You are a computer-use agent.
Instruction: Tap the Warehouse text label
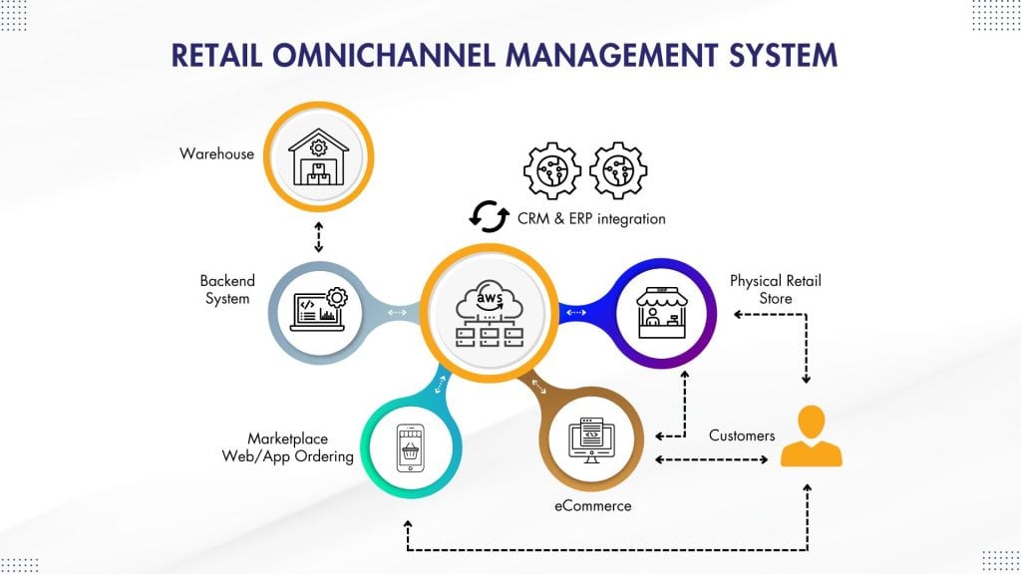coord(216,153)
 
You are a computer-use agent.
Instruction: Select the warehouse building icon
coord(318,160)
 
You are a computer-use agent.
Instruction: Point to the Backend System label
coord(226,290)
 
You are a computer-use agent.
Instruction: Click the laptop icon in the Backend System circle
coord(318,310)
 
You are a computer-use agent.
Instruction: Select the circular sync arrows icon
coord(490,216)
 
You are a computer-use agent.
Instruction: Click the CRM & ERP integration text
coord(591,217)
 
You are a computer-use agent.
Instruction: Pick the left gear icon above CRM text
coord(551,170)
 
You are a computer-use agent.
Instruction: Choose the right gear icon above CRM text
coord(618,170)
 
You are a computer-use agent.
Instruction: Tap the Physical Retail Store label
coord(775,290)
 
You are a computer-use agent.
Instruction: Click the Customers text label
coord(742,435)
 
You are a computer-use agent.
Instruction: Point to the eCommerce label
coord(593,505)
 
